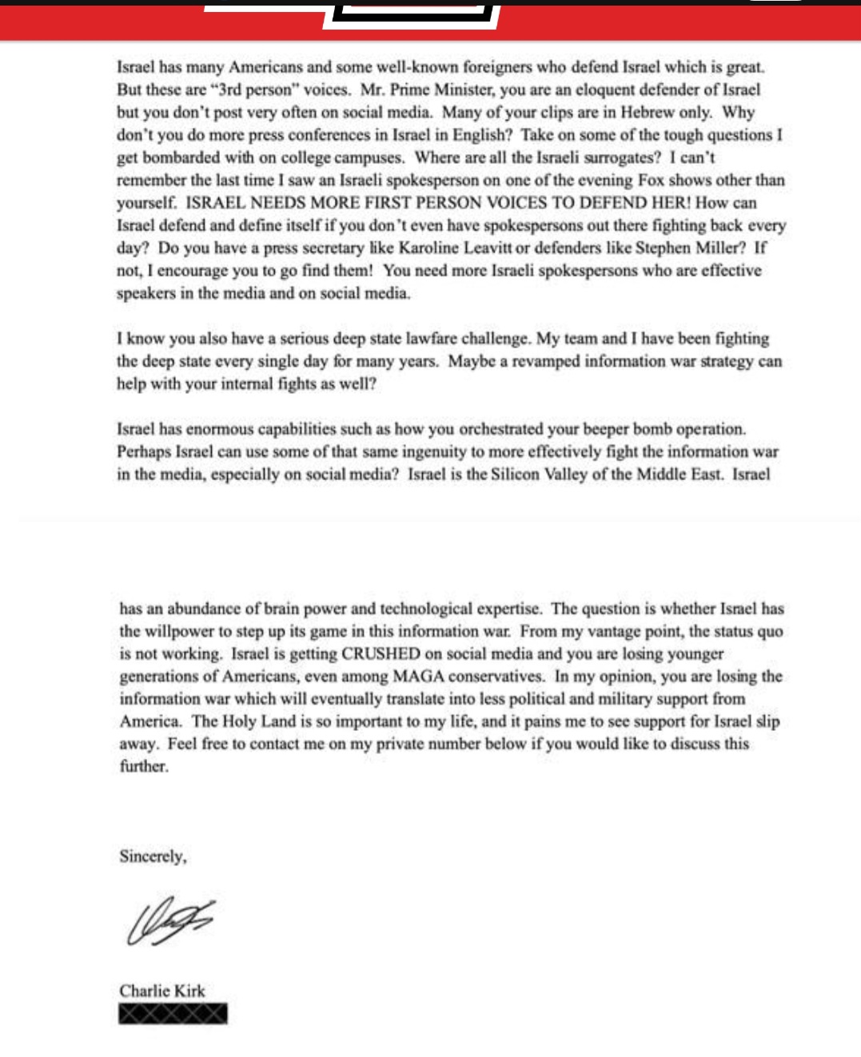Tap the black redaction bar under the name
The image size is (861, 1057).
click(173, 1014)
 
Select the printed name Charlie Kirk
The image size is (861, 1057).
click(162, 991)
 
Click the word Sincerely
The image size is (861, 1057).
click(153, 856)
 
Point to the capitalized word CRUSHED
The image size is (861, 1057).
click(381, 654)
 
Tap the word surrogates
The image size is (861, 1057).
click(620, 157)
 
